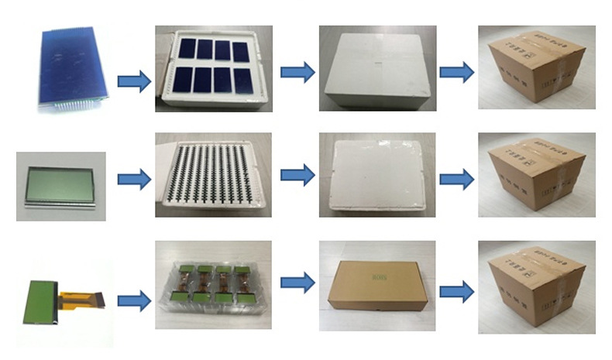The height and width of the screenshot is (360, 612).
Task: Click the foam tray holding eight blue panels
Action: pos(213,68)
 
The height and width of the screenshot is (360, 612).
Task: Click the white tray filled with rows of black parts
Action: pos(213,175)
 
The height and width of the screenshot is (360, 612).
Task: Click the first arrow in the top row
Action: pos(133,81)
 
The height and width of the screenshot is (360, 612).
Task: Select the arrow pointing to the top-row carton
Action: pos(456,73)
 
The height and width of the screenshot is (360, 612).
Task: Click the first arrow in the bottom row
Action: pos(133,301)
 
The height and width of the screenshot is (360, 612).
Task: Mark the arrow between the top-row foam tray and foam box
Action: pos(297,73)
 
